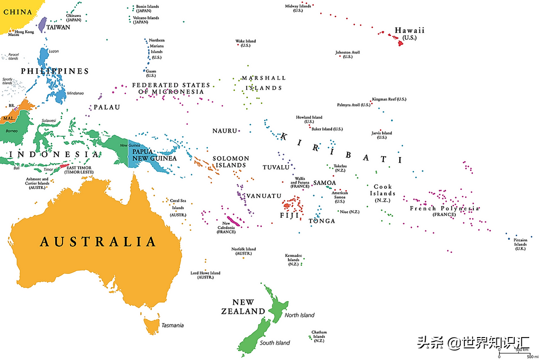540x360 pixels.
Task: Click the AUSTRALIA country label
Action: tap(98, 242)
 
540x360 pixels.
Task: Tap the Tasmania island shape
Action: tap(153, 325)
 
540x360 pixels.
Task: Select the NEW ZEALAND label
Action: tap(243, 306)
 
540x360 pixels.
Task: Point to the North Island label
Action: tap(299, 315)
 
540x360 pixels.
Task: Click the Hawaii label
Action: tap(409, 31)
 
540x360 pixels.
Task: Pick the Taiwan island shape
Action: tap(42, 24)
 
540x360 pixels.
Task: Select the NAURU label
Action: tap(225, 130)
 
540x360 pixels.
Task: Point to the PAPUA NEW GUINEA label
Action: tap(154, 155)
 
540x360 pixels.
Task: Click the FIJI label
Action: tap(289, 215)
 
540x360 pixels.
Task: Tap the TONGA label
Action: tap(322, 221)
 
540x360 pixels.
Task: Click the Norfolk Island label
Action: tap(243, 251)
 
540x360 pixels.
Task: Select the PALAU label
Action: tap(107, 107)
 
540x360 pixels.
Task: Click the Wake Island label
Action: tap(245, 43)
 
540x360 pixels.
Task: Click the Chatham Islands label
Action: tap(319, 336)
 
